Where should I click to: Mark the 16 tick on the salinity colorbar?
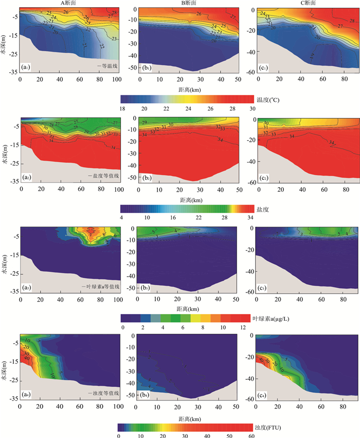(171, 218)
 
